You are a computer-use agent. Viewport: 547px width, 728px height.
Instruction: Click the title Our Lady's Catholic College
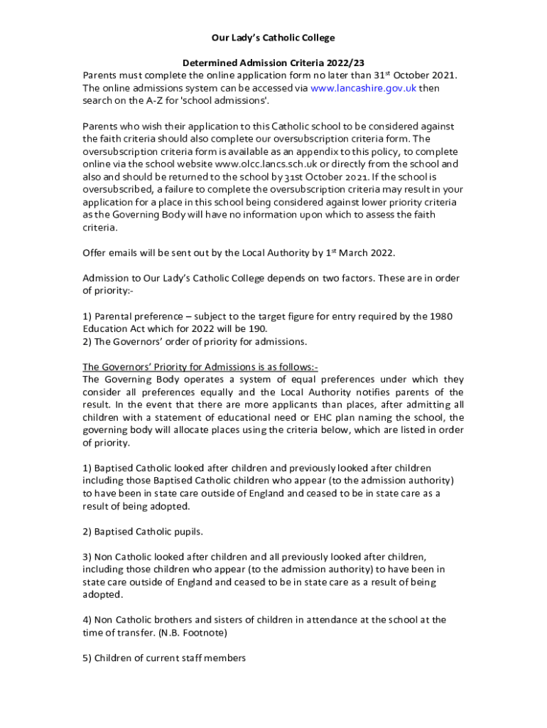coord(273,38)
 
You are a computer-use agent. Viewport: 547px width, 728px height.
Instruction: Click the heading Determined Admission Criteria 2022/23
coord(273,63)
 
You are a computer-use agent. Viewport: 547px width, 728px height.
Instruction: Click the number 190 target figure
coord(256,329)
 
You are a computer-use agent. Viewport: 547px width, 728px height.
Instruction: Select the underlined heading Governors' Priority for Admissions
coord(200,368)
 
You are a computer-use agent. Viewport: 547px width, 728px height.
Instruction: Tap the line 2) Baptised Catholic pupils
coord(143,531)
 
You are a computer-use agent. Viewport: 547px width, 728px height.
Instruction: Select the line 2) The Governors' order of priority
coord(195,342)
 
